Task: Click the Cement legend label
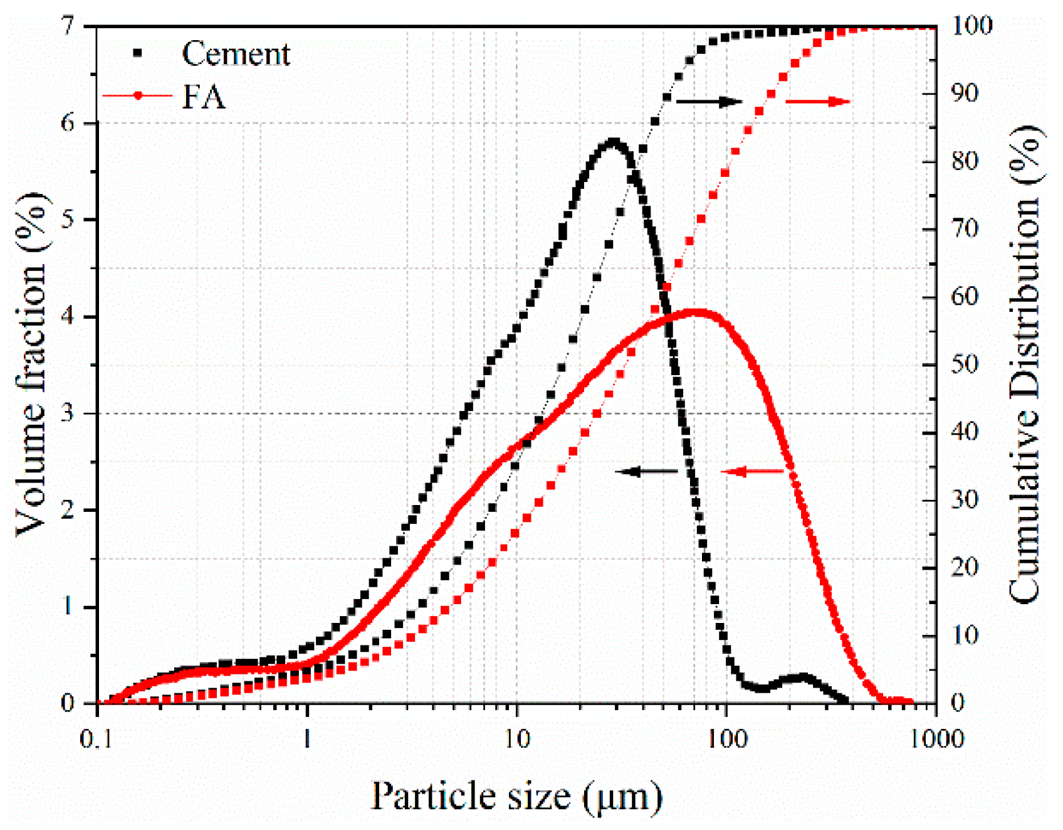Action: click(236, 54)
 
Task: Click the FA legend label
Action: click(203, 97)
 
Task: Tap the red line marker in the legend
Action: click(138, 96)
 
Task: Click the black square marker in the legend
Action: click(138, 54)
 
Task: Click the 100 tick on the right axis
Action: click(972, 26)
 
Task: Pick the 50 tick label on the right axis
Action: click(964, 364)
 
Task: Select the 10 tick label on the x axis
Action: click(516, 739)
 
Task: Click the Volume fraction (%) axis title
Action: click(31, 364)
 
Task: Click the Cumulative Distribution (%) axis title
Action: click(1025, 364)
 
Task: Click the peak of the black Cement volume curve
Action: click(614, 142)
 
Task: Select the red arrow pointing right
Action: click(818, 101)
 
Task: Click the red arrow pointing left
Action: click(752, 471)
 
